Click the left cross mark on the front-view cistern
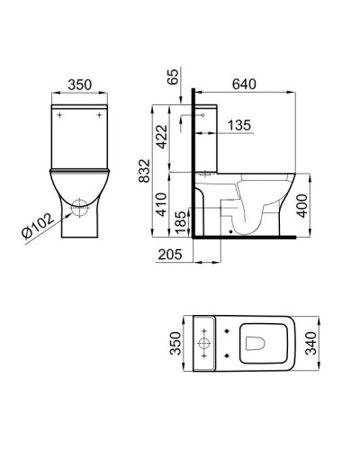point(58,115)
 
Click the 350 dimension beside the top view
point(177,342)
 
